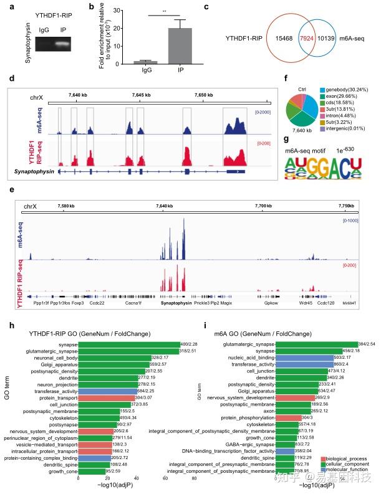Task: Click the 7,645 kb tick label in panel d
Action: tap(143, 95)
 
